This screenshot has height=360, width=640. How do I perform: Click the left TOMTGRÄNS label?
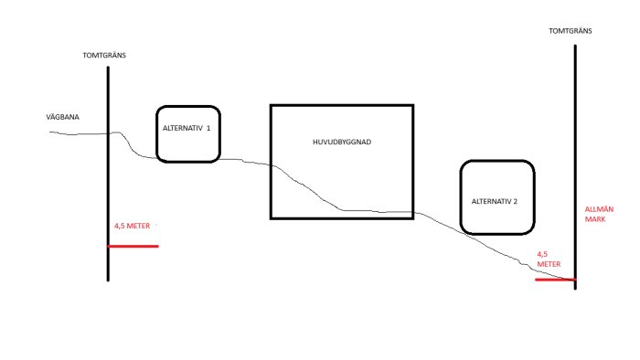(104, 55)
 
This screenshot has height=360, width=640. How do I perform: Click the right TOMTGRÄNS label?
(571, 30)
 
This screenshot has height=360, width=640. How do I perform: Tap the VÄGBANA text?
(62, 117)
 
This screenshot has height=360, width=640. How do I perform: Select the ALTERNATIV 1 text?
(187, 128)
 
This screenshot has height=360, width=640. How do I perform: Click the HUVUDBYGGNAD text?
(342, 142)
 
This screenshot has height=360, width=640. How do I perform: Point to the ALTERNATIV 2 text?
(495, 201)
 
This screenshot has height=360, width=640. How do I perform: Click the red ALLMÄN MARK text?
(599, 214)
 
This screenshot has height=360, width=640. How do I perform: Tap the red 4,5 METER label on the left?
(133, 226)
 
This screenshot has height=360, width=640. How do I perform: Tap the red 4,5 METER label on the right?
(549, 259)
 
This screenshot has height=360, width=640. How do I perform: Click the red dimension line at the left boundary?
(133, 247)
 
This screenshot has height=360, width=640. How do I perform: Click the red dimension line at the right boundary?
(556, 280)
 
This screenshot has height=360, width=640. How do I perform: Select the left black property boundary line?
(108, 174)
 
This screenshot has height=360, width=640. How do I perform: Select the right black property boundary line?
(575, 167)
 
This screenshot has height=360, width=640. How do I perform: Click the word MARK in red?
(595, 219)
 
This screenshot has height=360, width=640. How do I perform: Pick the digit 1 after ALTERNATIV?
(208, 128)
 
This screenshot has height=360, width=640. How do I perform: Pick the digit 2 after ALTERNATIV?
(515, 201)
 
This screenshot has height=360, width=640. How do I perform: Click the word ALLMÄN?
(599, 209)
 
